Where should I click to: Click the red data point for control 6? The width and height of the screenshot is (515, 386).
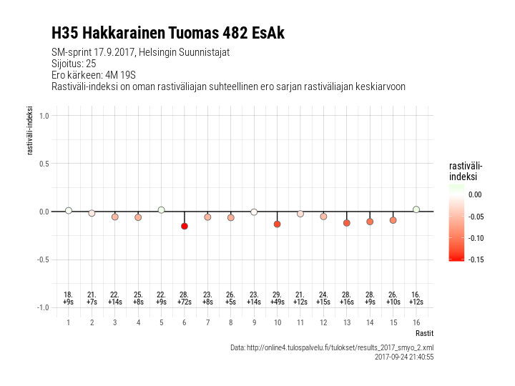click(x=185, y=226)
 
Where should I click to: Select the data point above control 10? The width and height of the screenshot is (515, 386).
click(x=277, y=224)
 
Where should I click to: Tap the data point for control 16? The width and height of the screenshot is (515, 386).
click(x=416, y=209)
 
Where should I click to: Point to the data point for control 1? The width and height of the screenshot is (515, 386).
click(x=69, y=210)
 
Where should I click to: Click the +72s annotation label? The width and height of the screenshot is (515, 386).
click(x=185, y=302)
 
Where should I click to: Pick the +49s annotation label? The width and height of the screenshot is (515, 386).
click(x=277, y=302)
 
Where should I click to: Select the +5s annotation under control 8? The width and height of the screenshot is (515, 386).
click(x=231, y=302)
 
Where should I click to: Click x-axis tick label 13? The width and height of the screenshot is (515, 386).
click(x=347, y=322)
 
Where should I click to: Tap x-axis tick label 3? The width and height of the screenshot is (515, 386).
click(x=114, y=322)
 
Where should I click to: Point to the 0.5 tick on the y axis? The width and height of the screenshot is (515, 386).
click(x=44, y=164)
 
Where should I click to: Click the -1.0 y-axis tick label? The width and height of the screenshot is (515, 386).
click(x=42, y=307)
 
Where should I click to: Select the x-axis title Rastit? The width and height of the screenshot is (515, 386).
click(x=424, y=333)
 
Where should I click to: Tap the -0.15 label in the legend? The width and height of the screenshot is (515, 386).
click(x=475, y=259)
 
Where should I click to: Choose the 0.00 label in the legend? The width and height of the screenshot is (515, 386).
click(x=475, y=194)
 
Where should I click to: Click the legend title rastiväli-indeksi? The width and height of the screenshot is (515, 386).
click(x=463, y=171)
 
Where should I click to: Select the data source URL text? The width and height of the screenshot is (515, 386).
click(x=332, y=347)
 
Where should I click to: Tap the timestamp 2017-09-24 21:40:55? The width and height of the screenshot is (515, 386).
click(x=404, y=356)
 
